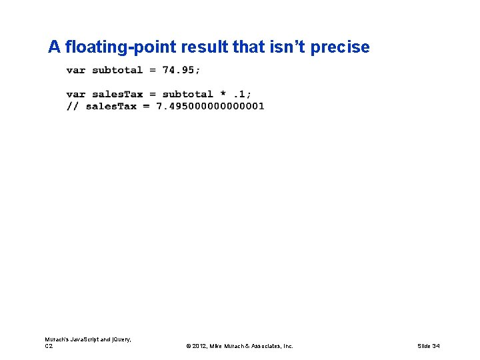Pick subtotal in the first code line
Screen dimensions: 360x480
[117, 70]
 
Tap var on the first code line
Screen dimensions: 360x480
[76, 70]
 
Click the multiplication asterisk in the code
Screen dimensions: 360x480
[223, 94]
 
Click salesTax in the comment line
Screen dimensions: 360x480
[111, 106]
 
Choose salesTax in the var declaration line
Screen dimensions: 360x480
[117, 94]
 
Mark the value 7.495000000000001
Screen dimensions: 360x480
[210, 106]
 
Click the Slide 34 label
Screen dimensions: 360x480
[428, 346]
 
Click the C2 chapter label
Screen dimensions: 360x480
[49, 346]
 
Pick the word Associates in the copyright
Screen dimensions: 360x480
[263, 346]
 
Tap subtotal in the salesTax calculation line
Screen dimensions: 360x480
[187, 94]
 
